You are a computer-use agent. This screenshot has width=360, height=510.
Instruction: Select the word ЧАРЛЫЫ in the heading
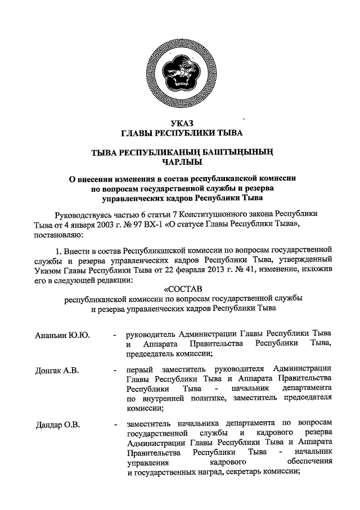coord(180,163)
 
